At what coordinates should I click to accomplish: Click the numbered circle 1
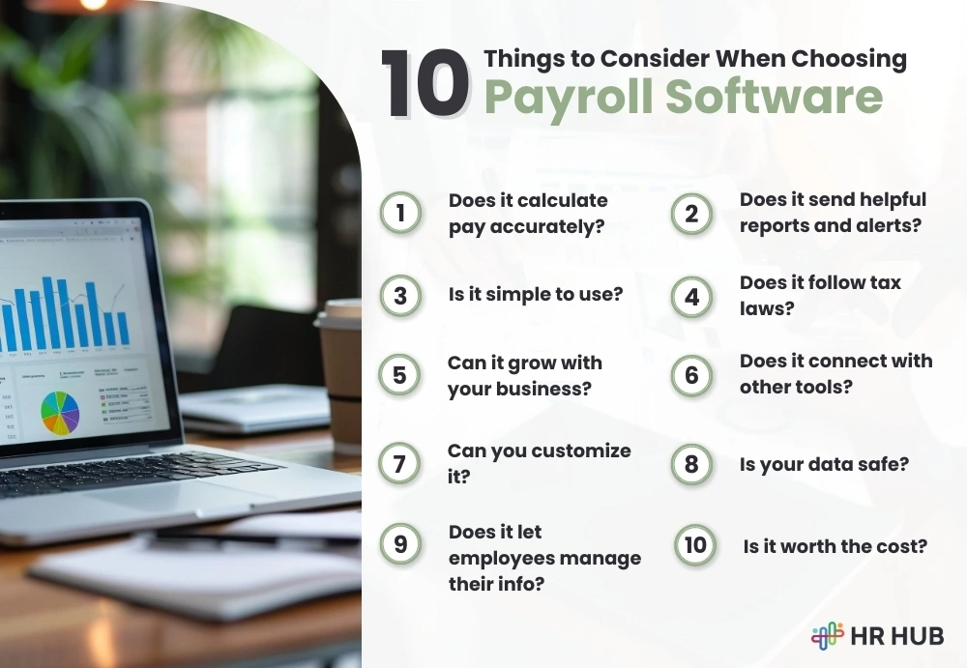400,214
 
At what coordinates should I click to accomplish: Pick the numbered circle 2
691,214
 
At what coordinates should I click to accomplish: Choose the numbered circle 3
400,297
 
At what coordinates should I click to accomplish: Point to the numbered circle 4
691,297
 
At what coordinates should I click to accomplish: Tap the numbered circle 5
400,375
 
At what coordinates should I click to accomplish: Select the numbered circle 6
691,375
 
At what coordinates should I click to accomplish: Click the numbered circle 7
400,464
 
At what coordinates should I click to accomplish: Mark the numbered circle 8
691,464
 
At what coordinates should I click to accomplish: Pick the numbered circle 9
400,544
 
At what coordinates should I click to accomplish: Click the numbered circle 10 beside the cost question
695,545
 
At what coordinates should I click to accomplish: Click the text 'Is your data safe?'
824,464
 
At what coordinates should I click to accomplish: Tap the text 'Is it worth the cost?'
835,546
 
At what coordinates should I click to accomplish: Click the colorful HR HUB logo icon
828,635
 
